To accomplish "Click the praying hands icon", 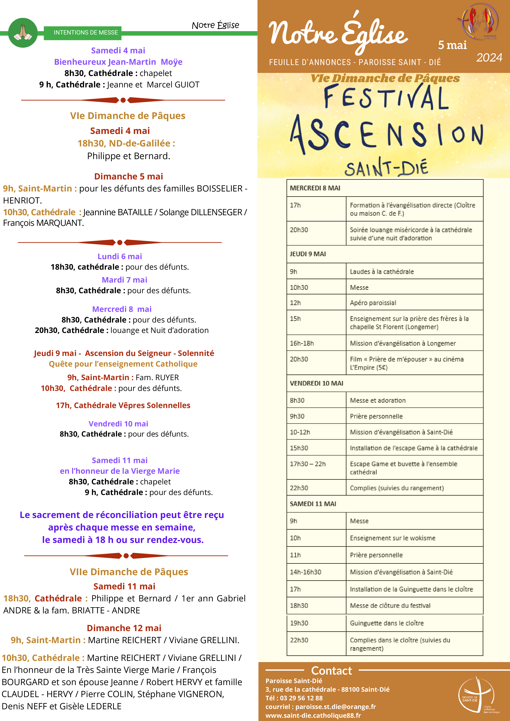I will click(23, 33).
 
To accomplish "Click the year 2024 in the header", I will click(489, 58).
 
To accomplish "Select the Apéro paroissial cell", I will click(373, 303).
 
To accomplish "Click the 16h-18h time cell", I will click(302, 343).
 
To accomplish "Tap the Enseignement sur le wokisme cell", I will click(392, 538).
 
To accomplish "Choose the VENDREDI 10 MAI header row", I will click(316, 383).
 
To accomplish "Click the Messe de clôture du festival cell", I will click(390, 605).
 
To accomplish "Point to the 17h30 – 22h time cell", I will click(308, 464).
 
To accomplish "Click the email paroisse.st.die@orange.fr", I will click(336, 707).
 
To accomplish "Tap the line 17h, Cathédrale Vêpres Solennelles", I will click(123, 405).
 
